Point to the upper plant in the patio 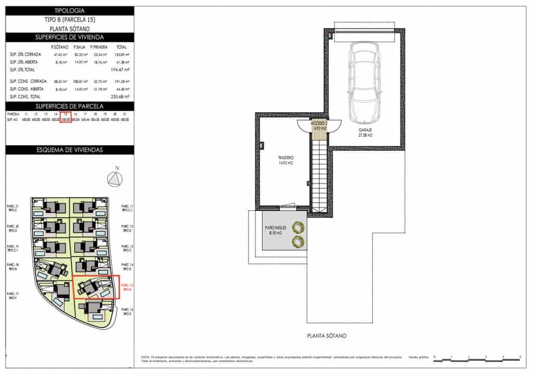tap(298, 227)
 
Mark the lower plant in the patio tap(298, 241)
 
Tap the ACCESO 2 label tap(318, 126)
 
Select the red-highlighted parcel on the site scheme tap(96, 287)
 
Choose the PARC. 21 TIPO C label tap(12, 208)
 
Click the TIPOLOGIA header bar tap(70, 10)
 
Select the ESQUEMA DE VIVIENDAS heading tap(70, 150)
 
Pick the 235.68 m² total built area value tap(119, 96)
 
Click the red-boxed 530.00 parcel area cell tap(66, 119)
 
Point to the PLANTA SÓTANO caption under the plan tap(326, 336)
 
